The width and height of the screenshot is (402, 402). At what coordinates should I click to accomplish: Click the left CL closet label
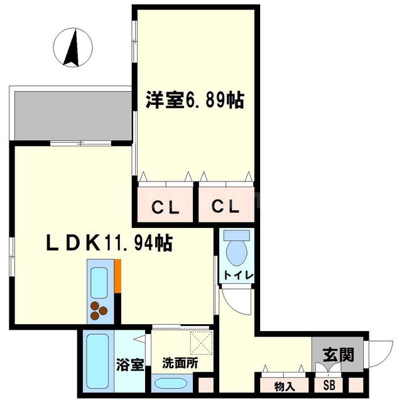[165, 207]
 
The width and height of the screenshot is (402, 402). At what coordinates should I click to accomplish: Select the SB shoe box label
[329, 385]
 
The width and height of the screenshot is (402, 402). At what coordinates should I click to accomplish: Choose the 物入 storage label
[283, 385]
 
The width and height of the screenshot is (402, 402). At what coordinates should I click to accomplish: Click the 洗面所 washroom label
[180, 363]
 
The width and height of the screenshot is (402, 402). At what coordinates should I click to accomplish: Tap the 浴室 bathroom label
[131, 364]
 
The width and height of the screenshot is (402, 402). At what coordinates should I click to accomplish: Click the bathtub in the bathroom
[98, 361]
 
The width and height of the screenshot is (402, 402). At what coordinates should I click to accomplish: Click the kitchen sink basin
[100, 283]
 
